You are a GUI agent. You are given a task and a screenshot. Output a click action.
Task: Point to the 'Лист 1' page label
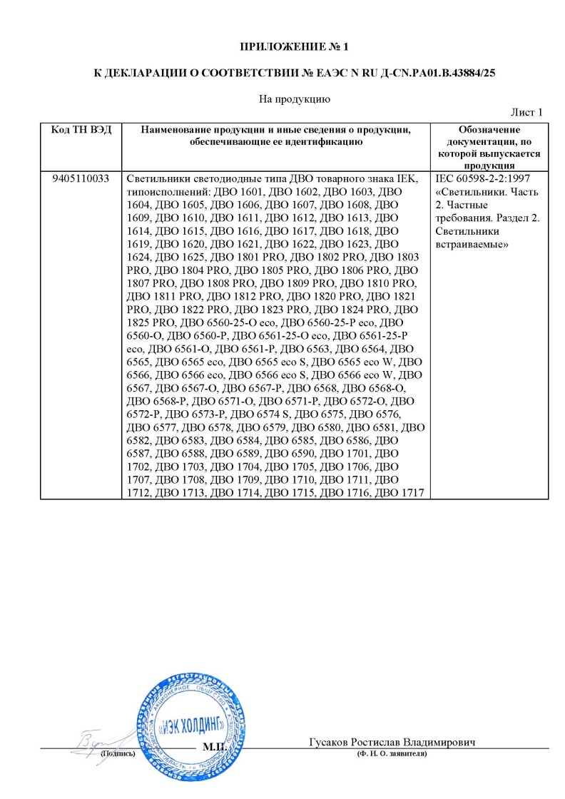(527, 113)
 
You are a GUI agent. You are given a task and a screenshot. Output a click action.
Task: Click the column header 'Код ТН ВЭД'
(81, 131)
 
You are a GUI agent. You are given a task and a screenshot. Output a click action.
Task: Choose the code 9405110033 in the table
(81, 178)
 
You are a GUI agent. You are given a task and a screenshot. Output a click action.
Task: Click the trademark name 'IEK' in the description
(414, 178)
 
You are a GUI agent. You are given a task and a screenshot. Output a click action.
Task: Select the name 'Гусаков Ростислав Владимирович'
(392, 742)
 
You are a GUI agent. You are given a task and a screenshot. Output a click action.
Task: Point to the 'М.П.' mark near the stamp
(215, 747)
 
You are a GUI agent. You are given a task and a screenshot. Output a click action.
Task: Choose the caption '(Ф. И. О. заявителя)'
(392, 754)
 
